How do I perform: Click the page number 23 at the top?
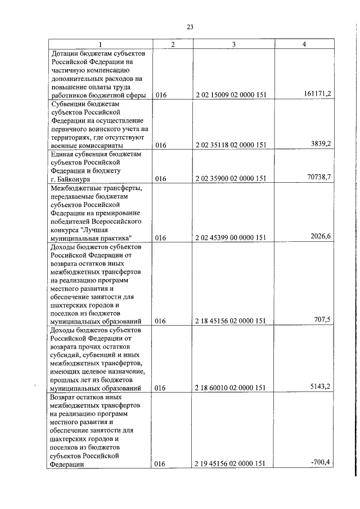point(190,26)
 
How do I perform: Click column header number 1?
point(100,44)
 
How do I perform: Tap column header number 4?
point(304,44)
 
